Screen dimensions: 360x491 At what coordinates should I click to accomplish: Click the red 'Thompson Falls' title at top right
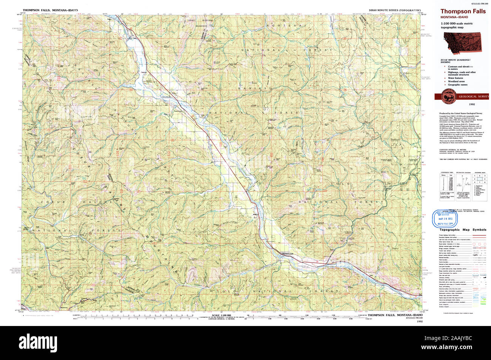(x=463, y=12)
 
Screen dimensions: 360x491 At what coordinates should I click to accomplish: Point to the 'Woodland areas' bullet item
(x=456, y=81)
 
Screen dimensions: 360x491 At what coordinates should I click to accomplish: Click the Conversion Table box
(x=446, y=184)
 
